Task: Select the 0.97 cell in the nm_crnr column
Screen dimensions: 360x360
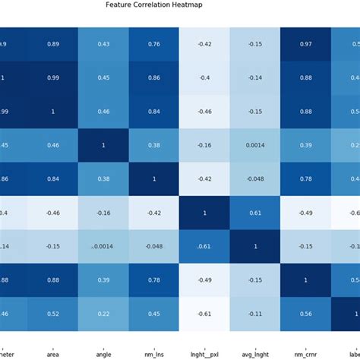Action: (305, 44)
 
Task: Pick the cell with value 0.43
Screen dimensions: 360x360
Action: (103, 44)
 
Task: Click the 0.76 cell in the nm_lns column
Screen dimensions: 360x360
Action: (153, 44)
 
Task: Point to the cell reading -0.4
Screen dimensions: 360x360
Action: (204, 77)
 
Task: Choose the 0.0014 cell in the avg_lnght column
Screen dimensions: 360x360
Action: (254, 145)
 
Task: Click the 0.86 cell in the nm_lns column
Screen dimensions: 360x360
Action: (153, 77)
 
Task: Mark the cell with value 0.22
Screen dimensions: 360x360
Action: (103, 314)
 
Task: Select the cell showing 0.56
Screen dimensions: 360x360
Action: (305, 314)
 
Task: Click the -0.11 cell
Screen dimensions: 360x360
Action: (254, 314)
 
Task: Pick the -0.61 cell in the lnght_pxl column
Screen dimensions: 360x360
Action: (204, 314)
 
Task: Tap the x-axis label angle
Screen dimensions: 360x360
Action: (103, 353)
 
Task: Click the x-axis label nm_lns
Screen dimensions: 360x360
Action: (153, 353)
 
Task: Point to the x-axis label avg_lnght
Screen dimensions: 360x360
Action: (254, 353)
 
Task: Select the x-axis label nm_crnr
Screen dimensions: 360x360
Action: (305, 353)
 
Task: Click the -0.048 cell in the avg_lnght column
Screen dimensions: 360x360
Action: (254, 178)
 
